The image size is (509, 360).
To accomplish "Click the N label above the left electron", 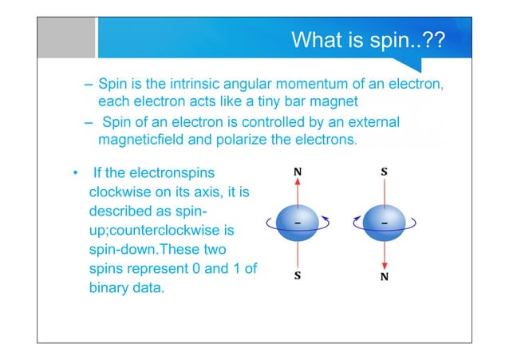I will [x=298, y=171].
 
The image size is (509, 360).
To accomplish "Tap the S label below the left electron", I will [x=298, y=276].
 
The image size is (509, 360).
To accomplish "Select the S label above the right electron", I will [x=385, y=171].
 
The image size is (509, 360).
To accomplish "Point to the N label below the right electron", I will [x=385, y=276].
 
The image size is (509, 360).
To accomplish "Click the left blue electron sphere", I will [x=298, y=224].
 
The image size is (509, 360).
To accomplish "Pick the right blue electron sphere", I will [x=385, y=224].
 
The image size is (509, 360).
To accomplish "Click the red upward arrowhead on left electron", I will [x=298, y=182].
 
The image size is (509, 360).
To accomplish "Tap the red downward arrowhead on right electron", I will [x=385, y=265].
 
